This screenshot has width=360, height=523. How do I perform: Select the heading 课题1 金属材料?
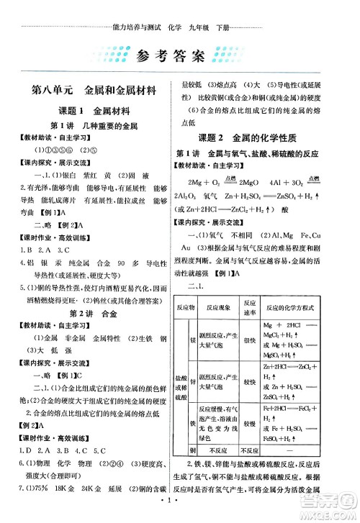pos(89,112)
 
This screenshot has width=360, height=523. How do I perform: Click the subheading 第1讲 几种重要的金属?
pos(89,125)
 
